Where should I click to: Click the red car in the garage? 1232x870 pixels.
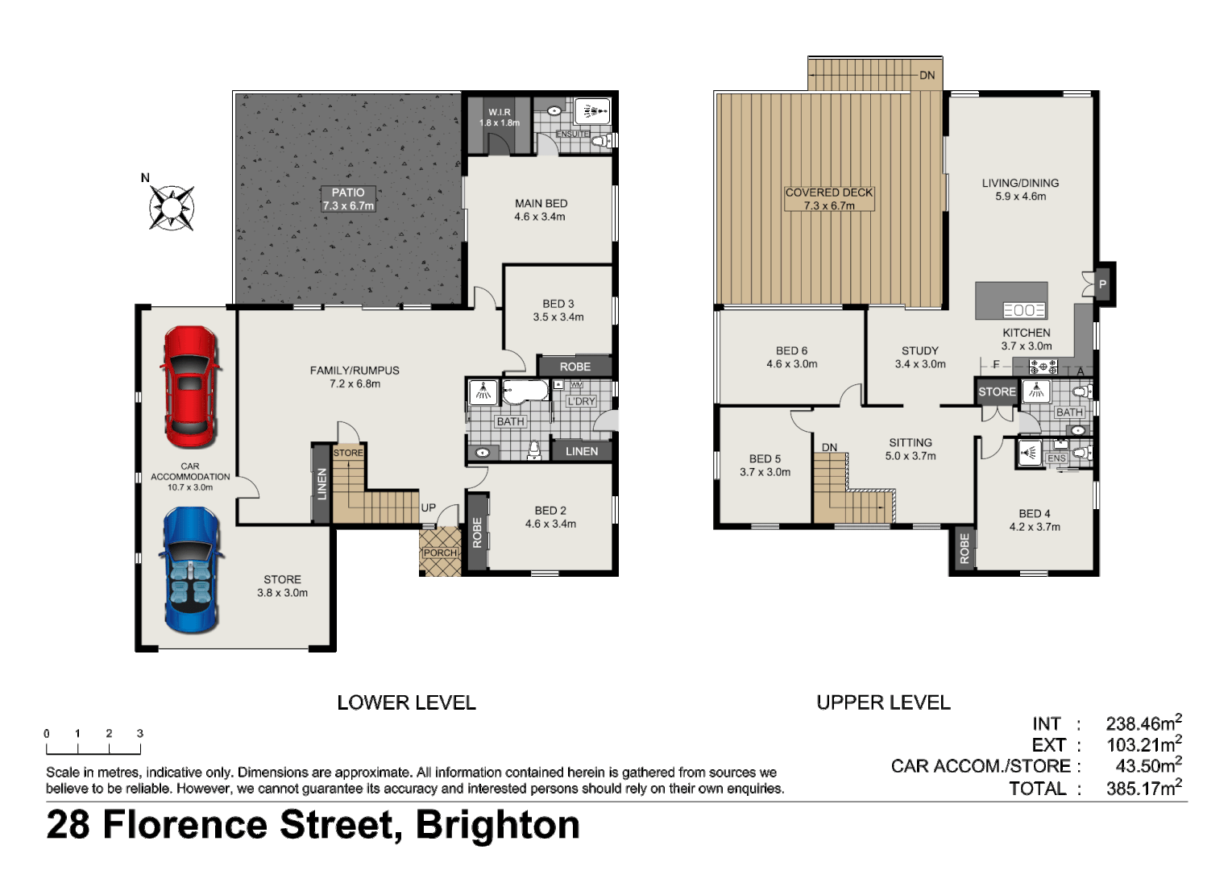pos(190,387)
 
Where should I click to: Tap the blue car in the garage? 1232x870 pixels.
pos(191,570)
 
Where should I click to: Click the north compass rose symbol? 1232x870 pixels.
pos(171,208)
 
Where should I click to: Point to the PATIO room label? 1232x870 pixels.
pos(348,193)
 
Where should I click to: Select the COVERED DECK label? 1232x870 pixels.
pos(829,193)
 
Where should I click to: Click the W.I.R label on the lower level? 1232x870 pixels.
pos(500,112)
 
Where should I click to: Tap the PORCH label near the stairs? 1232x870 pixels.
pos(440,553)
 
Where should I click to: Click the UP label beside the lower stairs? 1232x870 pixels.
pos(428,507)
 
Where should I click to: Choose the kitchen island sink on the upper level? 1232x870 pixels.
pos(1023,310)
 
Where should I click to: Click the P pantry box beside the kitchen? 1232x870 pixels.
pos(1102,284)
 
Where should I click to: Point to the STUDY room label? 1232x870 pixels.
pos(919,350)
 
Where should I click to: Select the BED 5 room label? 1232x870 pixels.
pos(765,458)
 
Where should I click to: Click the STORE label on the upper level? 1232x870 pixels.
pos(997,391)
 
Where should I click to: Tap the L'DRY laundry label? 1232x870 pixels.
pos(581,401)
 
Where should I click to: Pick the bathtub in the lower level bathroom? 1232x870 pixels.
pos(525,392)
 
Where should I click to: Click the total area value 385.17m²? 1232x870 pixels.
pos(1143,788)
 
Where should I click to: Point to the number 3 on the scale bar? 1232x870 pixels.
pos(140,733)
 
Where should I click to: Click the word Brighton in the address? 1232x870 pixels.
pos(497,824)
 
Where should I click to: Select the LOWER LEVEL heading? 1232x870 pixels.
pos(406,702)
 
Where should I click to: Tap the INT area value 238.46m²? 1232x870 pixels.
pos(1143,723)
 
